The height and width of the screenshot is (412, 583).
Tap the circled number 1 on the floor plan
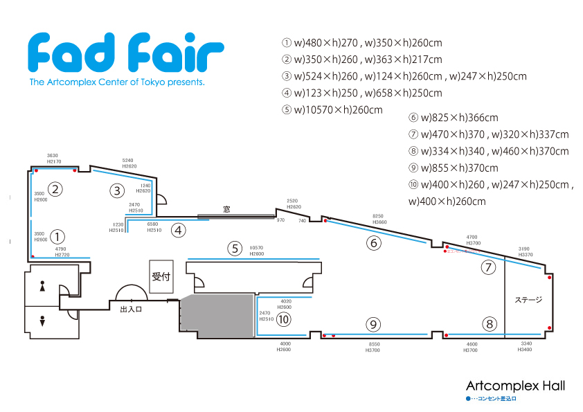(x=58, y=237)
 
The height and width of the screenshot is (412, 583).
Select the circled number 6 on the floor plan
(x=374, y=242)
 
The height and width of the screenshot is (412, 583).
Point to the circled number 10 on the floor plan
(x=283, y=319)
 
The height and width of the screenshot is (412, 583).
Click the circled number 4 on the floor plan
(x=179, y=230)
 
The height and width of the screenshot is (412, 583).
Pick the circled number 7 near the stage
(x=490, y=267)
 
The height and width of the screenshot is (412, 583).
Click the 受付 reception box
(x=161, y=276)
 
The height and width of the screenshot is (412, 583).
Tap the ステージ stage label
(x=528, y=300)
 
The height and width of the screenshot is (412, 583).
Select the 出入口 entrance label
(x=130, y=310)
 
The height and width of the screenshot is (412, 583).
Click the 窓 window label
(x=226, y=208)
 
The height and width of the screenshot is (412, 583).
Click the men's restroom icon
(x=43, y=321)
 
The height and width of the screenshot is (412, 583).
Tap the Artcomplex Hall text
(x=515, y=386)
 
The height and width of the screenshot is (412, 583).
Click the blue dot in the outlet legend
(x=468, y=400)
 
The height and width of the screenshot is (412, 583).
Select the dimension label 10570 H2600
(x=256, y=251)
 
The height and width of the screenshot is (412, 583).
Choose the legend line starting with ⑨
(x=454, y=168)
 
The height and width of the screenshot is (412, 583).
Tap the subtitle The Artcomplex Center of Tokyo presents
(x=117, y=82)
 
